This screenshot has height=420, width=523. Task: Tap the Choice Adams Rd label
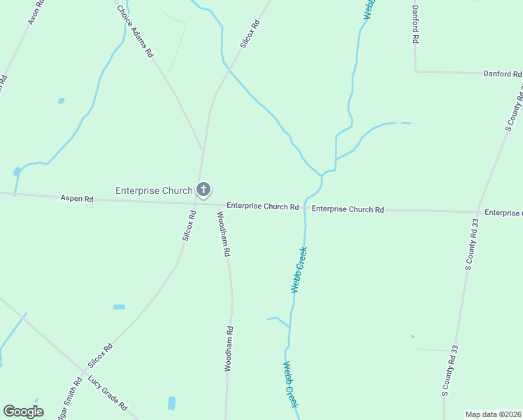pyautogui.click(x=135, y=31)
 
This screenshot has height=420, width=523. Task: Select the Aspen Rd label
pyautogui.click(x=77, y=199)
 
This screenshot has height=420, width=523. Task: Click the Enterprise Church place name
pyautogui.click(x=154, y=190)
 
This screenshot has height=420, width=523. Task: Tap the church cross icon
pyautogui.click(x=203, y=190)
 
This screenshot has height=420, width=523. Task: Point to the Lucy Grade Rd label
pyautogui.click(x=108, y=393)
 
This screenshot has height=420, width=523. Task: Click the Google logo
pyautogui.click(x=23, y=412)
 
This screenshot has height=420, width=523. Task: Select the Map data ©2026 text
pyautogui.click(x=493, y=414)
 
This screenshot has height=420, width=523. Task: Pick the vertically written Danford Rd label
pyautogui.click(x=415, y=24)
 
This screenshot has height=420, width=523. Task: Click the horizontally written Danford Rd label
pyautogui.click(x=503, y=73)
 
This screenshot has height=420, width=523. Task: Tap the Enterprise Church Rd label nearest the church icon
pyautogui.click(x=263, y=207)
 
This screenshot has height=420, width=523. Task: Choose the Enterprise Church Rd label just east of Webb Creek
pyautogui.click(x=348, y=209)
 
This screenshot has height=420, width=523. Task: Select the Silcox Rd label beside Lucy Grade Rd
pyautogui.click(x=101, y=356)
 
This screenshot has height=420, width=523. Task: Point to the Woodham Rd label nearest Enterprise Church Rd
pyautogui.click(x=224, y=235)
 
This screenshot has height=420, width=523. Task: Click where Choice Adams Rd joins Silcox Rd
pyautogui.click(x=203, y=150)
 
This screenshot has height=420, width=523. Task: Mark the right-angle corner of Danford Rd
pyautogui.click(x=416, y=71)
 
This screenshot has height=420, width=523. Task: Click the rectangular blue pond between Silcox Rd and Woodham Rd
pyautogui.click(x=119, y=307)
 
